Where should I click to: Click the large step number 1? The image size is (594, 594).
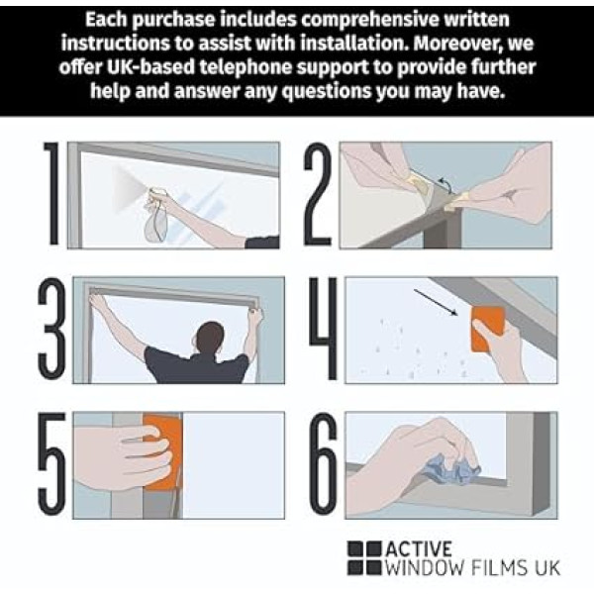click(x=52, y=194)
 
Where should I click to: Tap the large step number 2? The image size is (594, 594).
click(x=318, y=194)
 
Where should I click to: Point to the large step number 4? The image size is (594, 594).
click(x=323, y=328)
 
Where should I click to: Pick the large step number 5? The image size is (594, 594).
click(x=51, y=463)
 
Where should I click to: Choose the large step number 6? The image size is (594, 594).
click(x=323, y=463)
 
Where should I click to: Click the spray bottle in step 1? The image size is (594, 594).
click(x=155, y=215)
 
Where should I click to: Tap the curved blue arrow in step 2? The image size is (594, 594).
click(x=445, y=185)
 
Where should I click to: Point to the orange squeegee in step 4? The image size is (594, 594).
click(x=487, y=329)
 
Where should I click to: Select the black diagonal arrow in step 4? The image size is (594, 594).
click(x=436, y=302)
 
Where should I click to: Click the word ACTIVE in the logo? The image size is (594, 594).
click(x=419, y=548)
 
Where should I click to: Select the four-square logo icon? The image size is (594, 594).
click(x=364, y=557)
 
